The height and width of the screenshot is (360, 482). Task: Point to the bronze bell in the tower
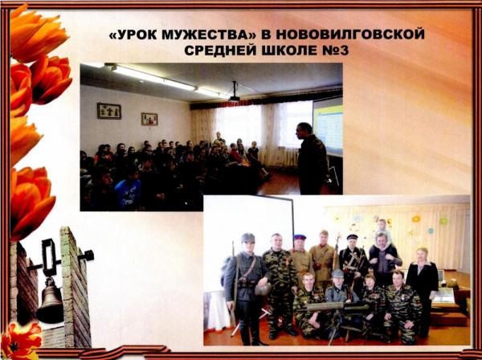(x=50, y=301)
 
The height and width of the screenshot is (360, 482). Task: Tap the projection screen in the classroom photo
(x=328, y=127)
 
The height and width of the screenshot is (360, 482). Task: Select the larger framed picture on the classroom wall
(x=109, y=111)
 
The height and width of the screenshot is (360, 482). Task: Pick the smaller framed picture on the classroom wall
(x=149, y=119)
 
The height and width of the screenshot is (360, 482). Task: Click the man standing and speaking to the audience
(x=311, y=158)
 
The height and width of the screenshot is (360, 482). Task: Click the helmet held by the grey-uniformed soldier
(x=263, y=288)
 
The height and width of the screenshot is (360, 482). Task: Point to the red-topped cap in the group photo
(x=300, y=237)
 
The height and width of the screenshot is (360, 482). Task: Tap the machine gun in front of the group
(x=338, y=309)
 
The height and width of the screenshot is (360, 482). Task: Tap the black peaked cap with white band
(x=352, y=237)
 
